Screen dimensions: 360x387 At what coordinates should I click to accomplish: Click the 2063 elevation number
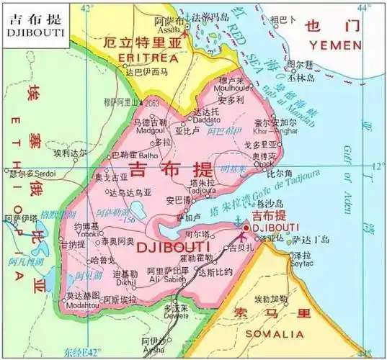click(x=151, y=104)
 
